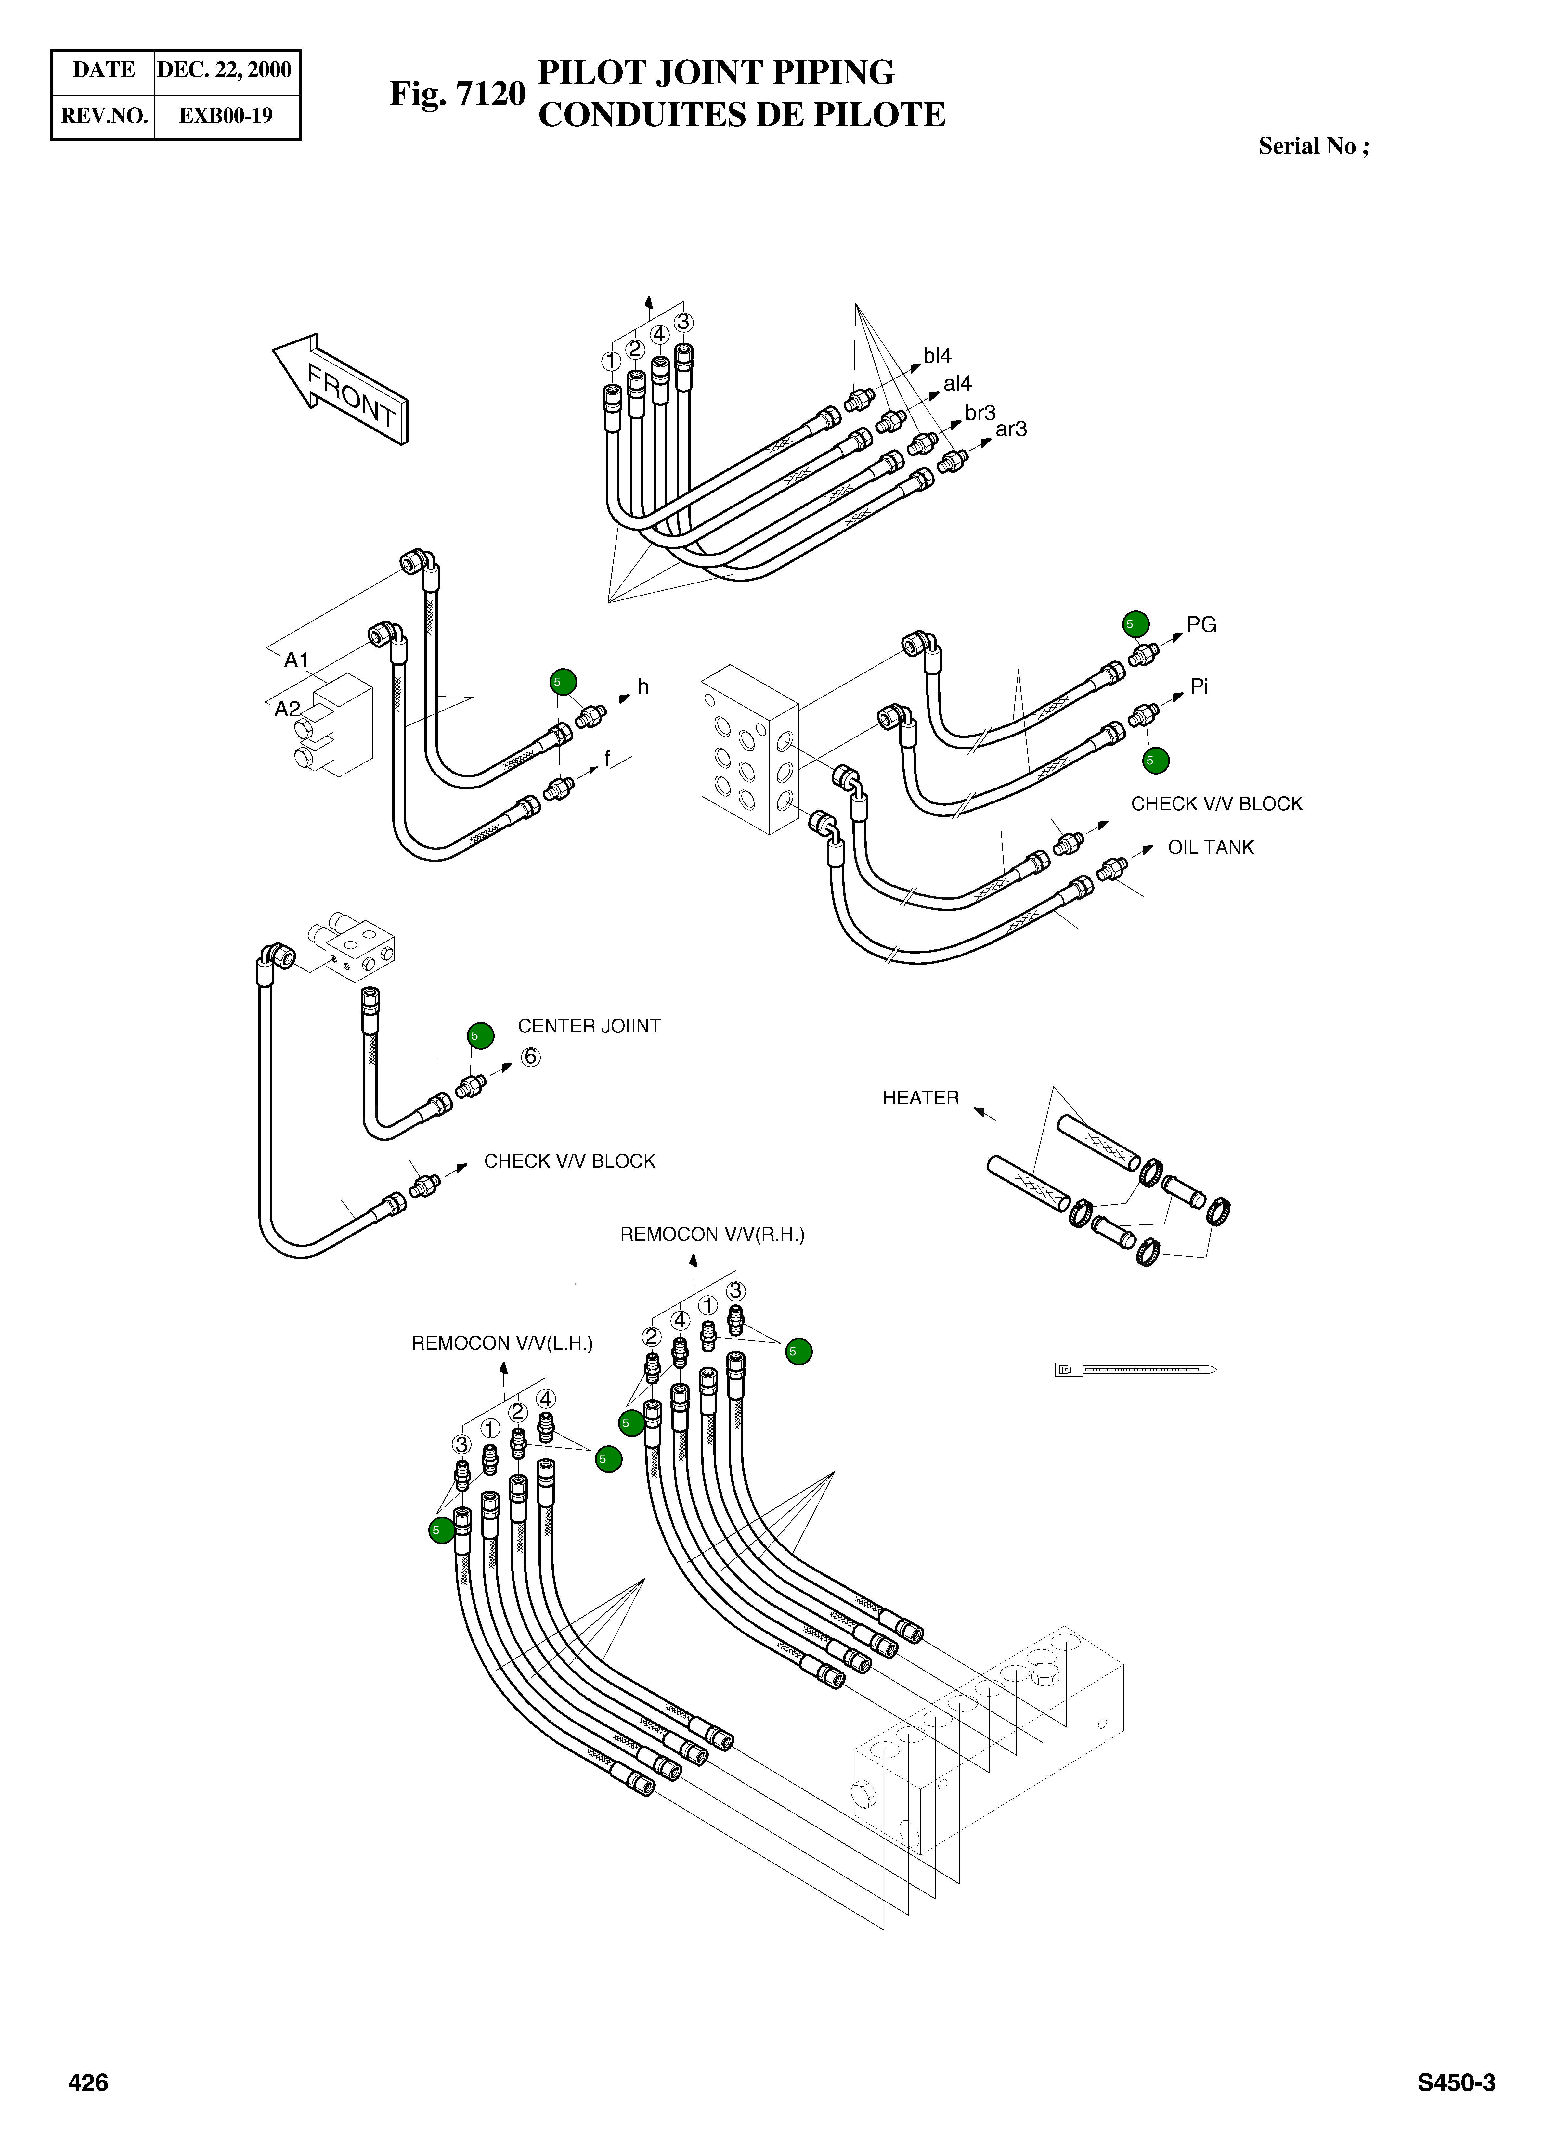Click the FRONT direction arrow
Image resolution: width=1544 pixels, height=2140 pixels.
342,389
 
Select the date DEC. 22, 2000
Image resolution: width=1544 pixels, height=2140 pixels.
225,70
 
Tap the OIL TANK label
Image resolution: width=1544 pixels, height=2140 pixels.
1211,847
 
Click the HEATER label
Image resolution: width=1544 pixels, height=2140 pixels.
920,1097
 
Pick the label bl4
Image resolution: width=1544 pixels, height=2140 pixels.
937,356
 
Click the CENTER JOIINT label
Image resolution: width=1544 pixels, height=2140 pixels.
589,1026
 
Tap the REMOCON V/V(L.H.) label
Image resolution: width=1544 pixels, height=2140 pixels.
502,1343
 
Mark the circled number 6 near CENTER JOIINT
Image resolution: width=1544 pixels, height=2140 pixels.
530,1057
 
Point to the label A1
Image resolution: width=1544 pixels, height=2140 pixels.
296,660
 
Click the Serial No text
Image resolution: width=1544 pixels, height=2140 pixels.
1313,146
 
